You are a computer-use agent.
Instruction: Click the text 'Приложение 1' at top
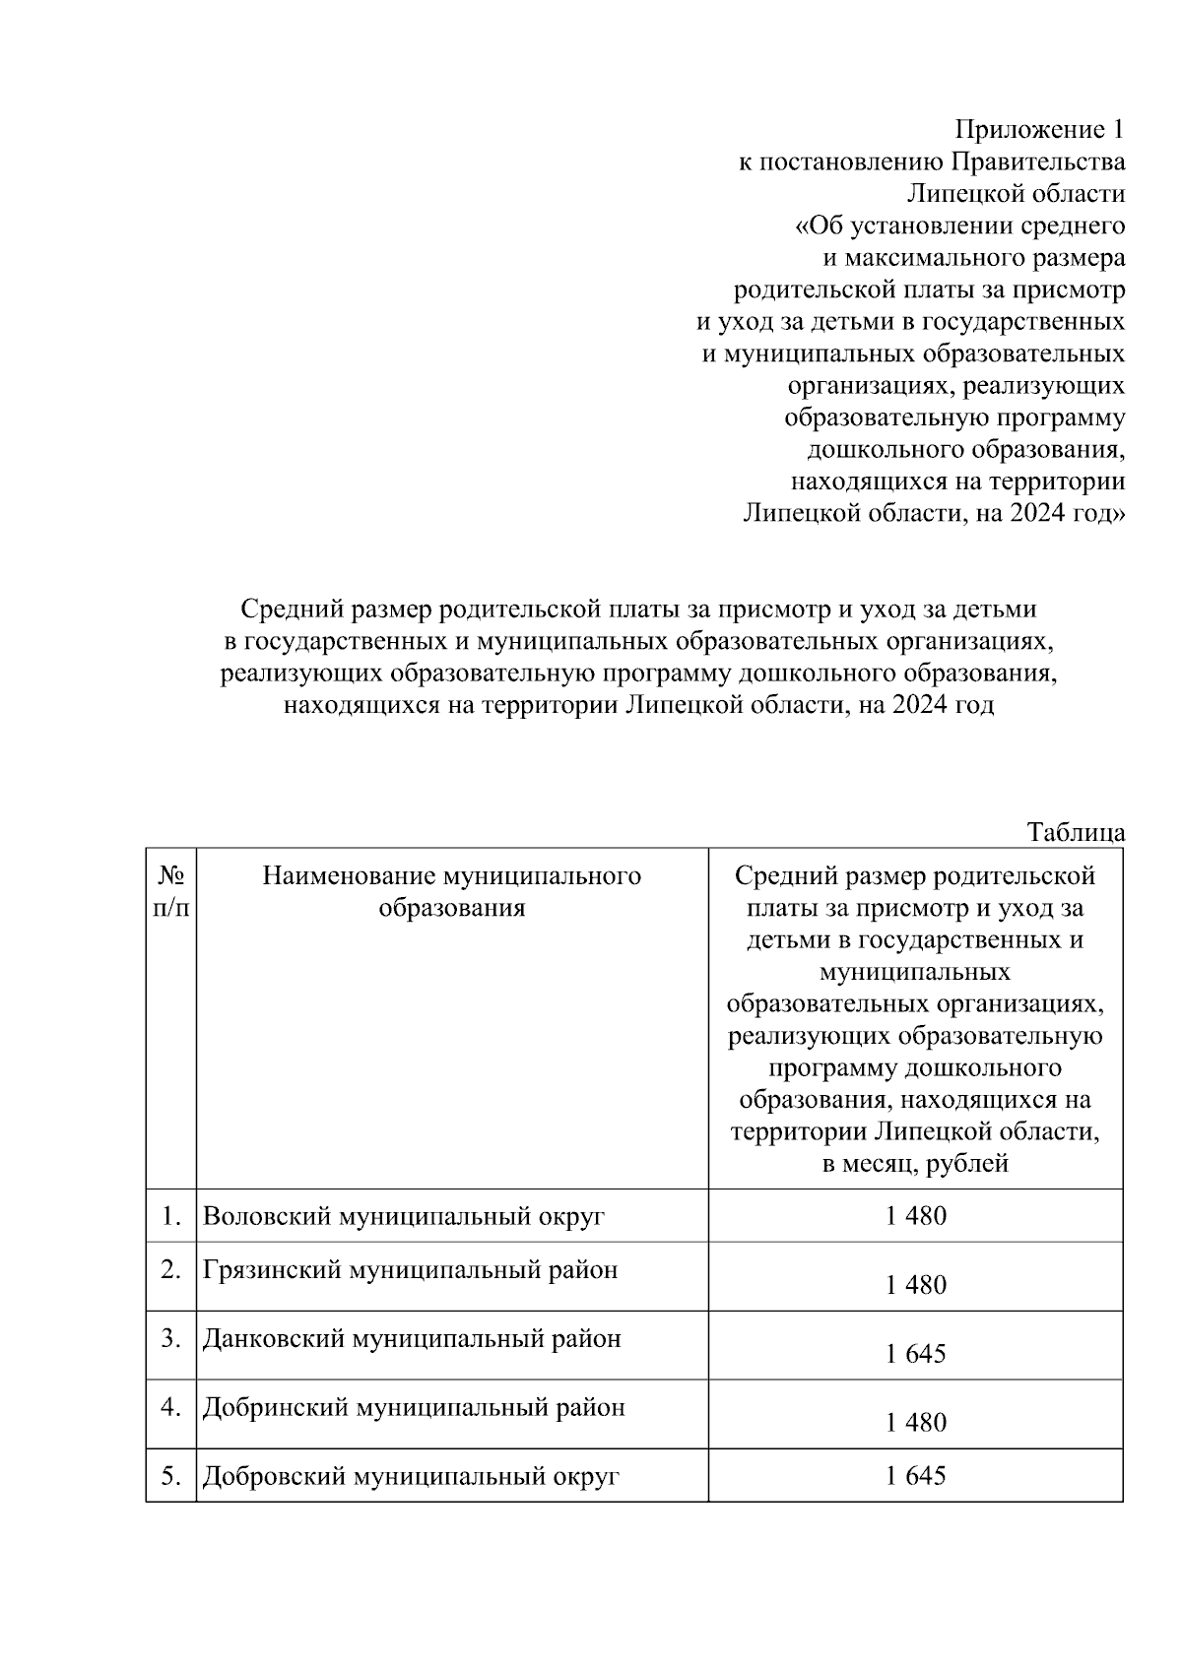pyautogui.click(x=1039, y=130)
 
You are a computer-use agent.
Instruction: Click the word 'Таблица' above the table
pyautogui.click(x=1076, y=832)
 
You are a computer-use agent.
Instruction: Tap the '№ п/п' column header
pyautogui.click(x=171, y=891)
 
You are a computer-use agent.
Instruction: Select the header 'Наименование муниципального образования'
pyautogui.click(x=451, y=891)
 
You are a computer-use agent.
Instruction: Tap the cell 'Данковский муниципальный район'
pyautogui.click(x=412, y=1338)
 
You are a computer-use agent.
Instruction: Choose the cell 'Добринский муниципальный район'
pyautogui.click(x=414, y=1407)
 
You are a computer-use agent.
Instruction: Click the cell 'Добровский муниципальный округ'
pyautogui.click(x=411, y=1476)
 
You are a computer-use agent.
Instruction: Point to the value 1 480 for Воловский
pyautogui.click(x=915, y=1216)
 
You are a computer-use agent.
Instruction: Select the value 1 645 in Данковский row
pyautogui.click(x=915, y=1354)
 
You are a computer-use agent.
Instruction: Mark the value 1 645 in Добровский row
pyautogui.click(x=915, y=1476)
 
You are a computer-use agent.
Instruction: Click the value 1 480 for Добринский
pyautogui.click(x=915, y=1423)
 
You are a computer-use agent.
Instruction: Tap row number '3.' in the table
pyautogui.click(x=171, y=1338)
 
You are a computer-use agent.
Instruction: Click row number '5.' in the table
pyautogui.click(x=171, y=1476)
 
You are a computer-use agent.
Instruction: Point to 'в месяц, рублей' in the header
pyautogui.click(x=915, y=1164)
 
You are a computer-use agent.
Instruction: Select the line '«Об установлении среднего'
pyautogui.click(x=959, y=226)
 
